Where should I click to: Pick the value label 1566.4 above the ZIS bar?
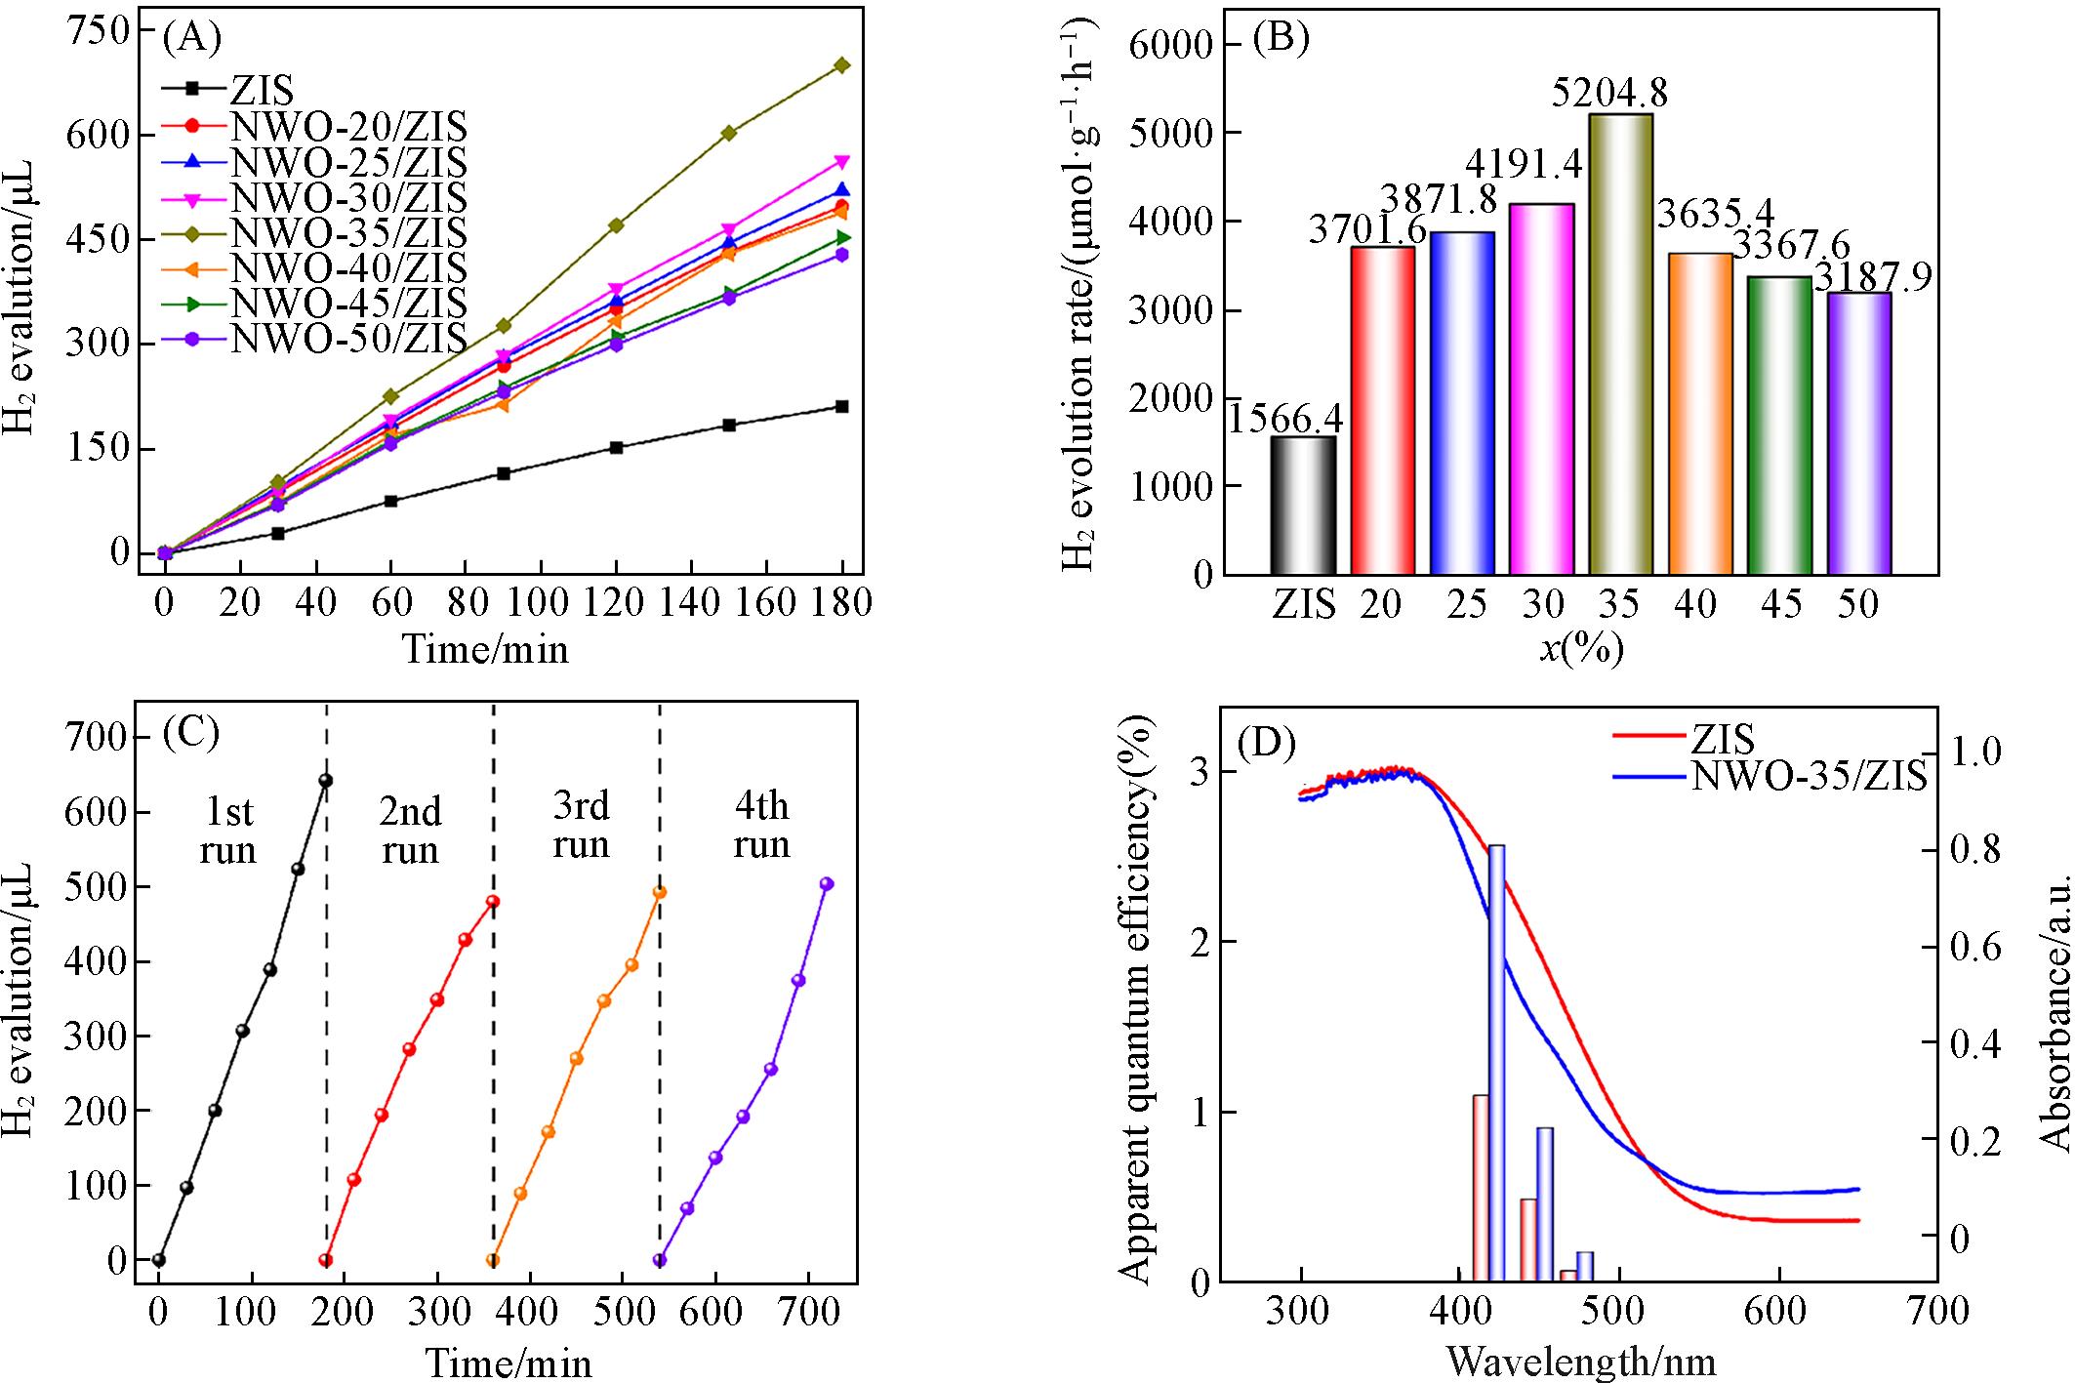click(x=1285, y=420)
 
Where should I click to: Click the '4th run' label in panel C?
click(x=761, y=825)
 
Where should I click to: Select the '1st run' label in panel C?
click(x=227, y=830)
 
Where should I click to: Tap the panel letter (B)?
click(x=1281, y=41)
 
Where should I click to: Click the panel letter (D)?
click(x=1266, y=745)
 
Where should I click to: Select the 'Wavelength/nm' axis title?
click(x=1581, y=1360)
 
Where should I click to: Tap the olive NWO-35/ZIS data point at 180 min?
click(x=842, y=65)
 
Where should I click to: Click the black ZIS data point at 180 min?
click(x=842, y=406)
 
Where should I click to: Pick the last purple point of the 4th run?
click(x=827, y=883)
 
